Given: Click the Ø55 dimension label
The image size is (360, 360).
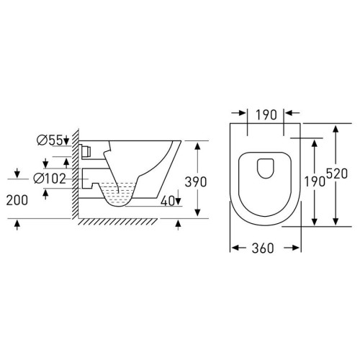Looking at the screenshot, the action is click(x=50, y=140).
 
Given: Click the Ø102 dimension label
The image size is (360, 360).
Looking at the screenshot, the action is click(x=50, y=179).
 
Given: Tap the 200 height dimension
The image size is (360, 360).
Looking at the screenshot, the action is click(x=17, y=200).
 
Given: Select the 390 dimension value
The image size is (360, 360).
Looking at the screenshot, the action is click(x=196, y=182).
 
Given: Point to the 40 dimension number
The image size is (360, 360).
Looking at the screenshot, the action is click(x=168, y=201).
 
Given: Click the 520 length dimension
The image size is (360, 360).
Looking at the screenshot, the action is click(x=337, y=174).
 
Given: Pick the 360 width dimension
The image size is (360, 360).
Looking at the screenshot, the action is click(x=263, y=248).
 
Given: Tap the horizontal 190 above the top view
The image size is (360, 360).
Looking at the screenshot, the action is click(x=266, y=114).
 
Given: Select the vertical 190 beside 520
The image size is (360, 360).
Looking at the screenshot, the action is click(x=315, y=181).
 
